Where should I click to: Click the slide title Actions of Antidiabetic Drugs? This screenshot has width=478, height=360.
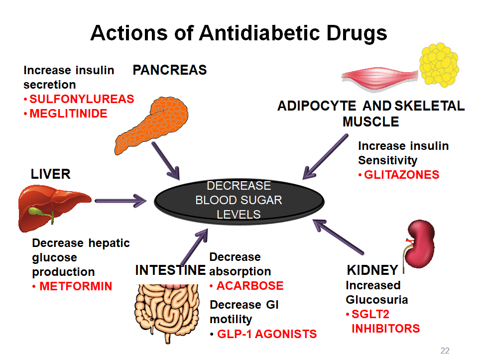pyautogui.click(x=239, y=33)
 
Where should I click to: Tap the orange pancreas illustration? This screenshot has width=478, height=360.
pyautogui.click(x=152, y=125)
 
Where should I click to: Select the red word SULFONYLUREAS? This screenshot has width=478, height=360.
pyautogui.click(x=82, y=99)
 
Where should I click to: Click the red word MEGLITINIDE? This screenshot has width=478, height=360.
pyautogui.click(x=68, y=114)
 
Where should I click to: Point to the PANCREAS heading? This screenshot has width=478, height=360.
pyautogui.click(x=170, y=70)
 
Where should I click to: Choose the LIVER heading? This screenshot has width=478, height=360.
pyautogui.click(x=51, y=174)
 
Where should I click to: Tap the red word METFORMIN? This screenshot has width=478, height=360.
pyautogui.click(x=76, y=286)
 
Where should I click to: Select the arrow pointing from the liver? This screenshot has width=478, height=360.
pyautogui.click(x=120, y=201)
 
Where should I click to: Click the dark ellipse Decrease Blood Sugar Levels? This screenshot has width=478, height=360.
pyautogui.click(x=239, y=201)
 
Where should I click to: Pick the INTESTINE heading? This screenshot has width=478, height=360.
pyautogui.click(x=170, y=270)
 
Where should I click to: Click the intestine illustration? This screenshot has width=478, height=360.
pyautogui.click(x=167, y=312)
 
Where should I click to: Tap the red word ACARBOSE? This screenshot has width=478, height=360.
pyautogui.click(x=250, y=286)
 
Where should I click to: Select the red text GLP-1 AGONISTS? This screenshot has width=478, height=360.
pyautogui.click(x=267, y=334)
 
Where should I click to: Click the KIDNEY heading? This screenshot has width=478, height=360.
pyautogui.click(x=372, y=270)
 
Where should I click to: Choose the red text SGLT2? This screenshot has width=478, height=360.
pyautogui.click(x=370, y=314)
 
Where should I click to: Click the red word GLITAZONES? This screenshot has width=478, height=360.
pyautogui.click(x=402, y=175)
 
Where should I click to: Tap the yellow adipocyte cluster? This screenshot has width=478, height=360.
pyautogui.click(x=439, y=64)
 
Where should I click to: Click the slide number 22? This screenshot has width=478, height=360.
pyautogui.click(x=445, y=351)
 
